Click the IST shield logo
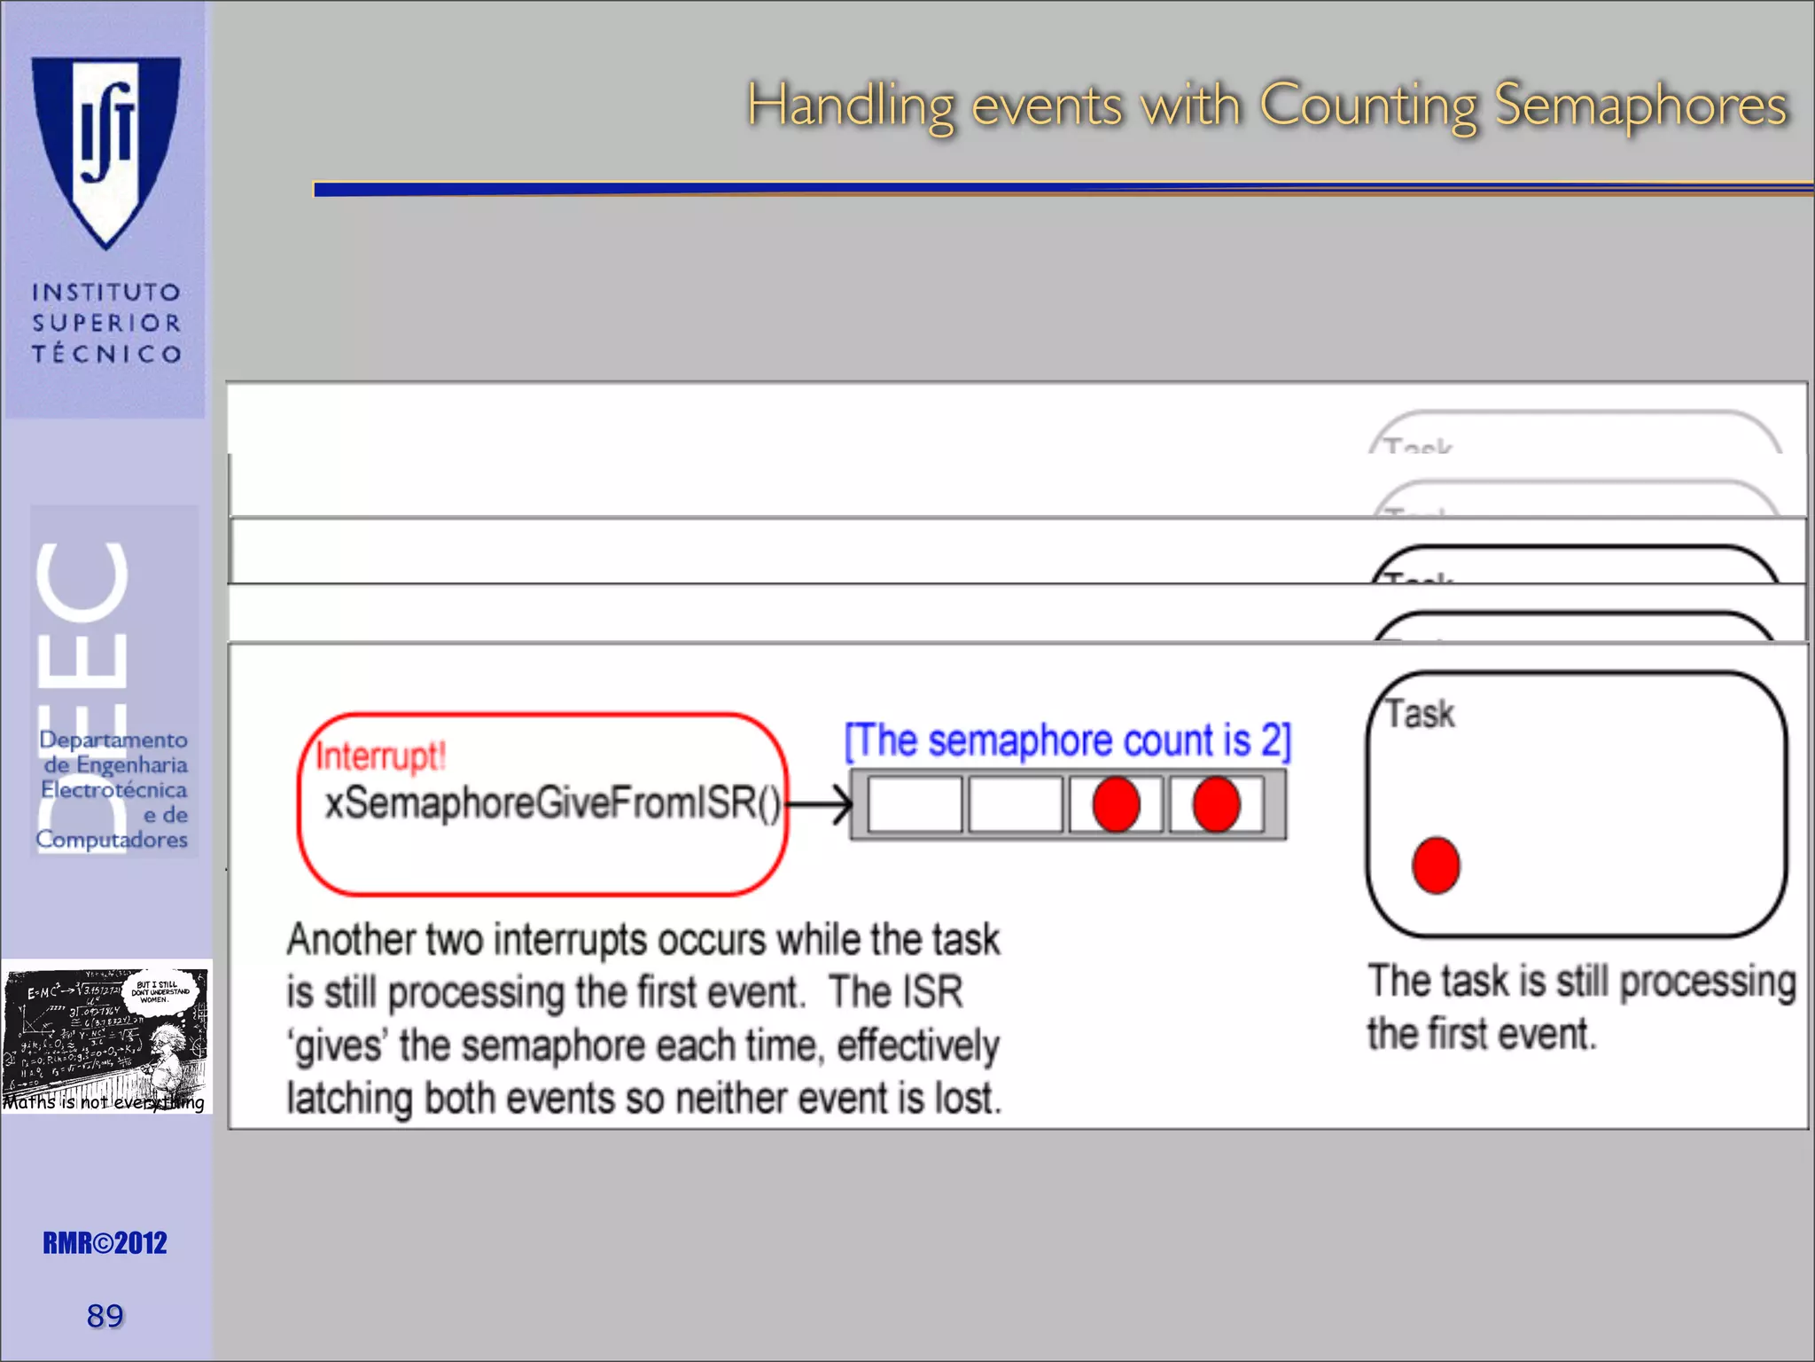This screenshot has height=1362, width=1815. (x=106, y=151)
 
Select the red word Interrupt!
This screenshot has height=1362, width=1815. (x=381, y=756)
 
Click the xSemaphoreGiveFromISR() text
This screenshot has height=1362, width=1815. (x=551, y=803)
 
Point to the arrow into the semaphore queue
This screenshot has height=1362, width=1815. (x=820, y=805)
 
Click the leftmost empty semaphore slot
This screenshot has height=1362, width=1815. (x=915, y=805)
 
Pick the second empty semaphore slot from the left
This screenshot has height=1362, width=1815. (x=1015, y=805)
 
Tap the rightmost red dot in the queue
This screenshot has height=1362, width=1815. (x=1216, y=805)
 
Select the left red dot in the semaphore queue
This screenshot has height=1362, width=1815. (x=1116, y=805)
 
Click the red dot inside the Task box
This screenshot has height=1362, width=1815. (x=1436, y=865)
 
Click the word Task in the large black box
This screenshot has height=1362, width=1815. (x=1420, y=715)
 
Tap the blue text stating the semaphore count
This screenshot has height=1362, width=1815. (x=1067, y=741)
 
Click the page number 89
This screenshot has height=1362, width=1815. (x=105, y=1316)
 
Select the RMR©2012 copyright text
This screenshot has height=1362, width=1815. (x=105, y=1243)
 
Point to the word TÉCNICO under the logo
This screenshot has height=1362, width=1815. (x=107, y=354)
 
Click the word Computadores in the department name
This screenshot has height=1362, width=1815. (x=112, y=839)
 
